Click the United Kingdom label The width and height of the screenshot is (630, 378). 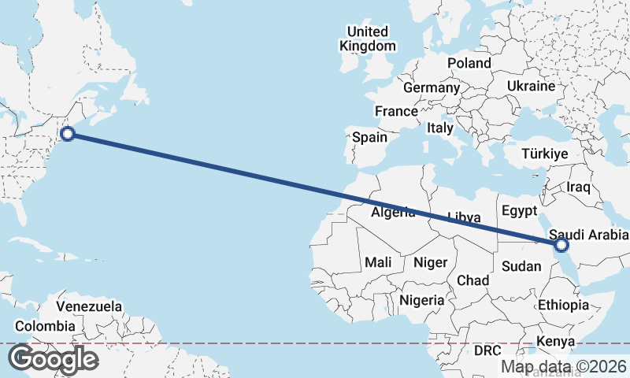[368, 39]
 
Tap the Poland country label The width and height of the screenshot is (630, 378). [469, 63]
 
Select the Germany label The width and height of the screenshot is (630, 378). [432, 87]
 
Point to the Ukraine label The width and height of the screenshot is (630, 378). [531, 86]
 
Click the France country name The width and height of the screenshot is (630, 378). [396, 112]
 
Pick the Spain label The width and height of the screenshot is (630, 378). [369, 137]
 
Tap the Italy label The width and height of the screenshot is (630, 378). [440, 128]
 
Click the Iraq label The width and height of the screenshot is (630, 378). [579, 187]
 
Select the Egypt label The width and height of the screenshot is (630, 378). [518, 211]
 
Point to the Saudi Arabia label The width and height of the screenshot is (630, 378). [589, 235]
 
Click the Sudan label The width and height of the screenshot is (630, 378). [521, 266]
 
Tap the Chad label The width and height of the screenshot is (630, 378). [472, 280]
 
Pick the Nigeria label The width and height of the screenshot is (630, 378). [422, 300]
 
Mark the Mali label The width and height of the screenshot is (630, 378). [378, 262]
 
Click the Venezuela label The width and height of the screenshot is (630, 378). [89, 306]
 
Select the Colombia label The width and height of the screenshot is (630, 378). [45, 326]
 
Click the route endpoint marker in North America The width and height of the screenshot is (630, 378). [68, 134]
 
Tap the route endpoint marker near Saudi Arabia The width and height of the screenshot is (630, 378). [561, 246]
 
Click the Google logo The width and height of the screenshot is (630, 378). [53, 359]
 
